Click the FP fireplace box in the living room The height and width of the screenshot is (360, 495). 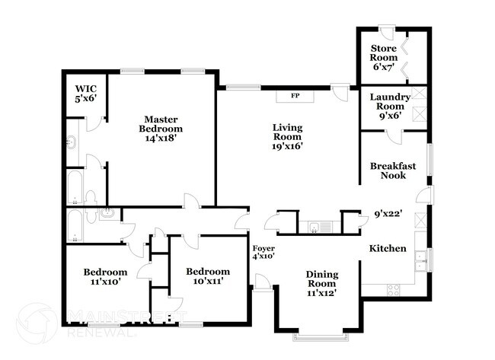pyautogui.click(x=294, y=97)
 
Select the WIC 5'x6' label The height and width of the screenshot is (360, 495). pyautogui.click(x=85, y=93)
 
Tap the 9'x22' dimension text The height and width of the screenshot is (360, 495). pyautogui.click(x=388, y=214)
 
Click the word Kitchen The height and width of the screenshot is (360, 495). pyautogui.click(x=388, y=249)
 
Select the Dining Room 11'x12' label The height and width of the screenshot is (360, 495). pyautogui.click(x=321, y=283)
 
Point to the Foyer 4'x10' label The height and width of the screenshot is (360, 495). pyautogui.click(x=263, y=253)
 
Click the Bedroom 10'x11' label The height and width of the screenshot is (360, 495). pyautogui.click(x=207, y=277)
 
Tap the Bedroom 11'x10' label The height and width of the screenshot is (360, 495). pyautogui.click(x=105, y=277)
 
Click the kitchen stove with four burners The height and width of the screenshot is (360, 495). pyautogui.click(x=394, y=290)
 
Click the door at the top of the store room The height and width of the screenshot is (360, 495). pyautogui.click(x=387, y=30)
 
